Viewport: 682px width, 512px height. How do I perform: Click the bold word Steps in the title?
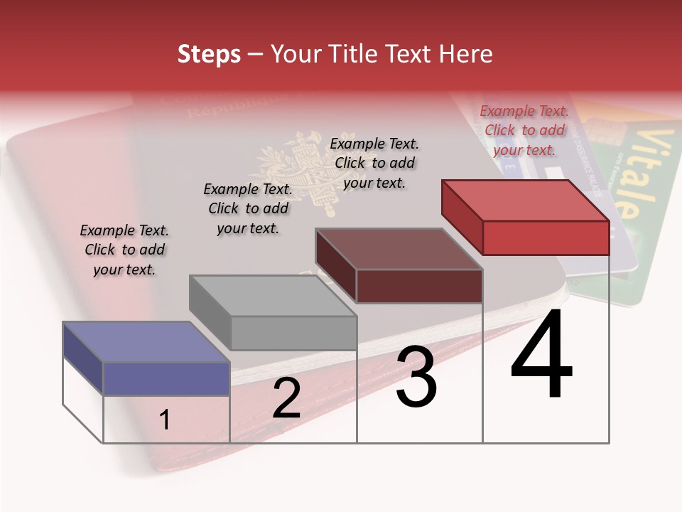tap(209, 54)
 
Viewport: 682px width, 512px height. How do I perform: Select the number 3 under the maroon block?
tap(416, 377)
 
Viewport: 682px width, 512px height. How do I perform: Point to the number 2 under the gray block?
tap(287, 398)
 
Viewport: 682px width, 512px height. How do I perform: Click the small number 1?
tap(165, 420)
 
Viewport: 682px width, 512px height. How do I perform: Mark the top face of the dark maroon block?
tap(399, 249)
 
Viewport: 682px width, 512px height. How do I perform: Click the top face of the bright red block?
tap(526, 201)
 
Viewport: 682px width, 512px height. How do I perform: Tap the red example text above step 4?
tap(524, 130)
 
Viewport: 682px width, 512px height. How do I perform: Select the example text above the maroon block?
tap(374, 163)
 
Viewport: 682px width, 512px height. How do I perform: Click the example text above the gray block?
tap(248, 208)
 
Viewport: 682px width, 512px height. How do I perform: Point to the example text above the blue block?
tap(124, 250)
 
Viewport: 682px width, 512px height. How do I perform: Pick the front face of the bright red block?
tap(546, 238)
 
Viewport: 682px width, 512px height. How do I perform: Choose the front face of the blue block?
tap(166, 378)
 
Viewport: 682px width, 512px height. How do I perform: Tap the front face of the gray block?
tap(293, 332)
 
